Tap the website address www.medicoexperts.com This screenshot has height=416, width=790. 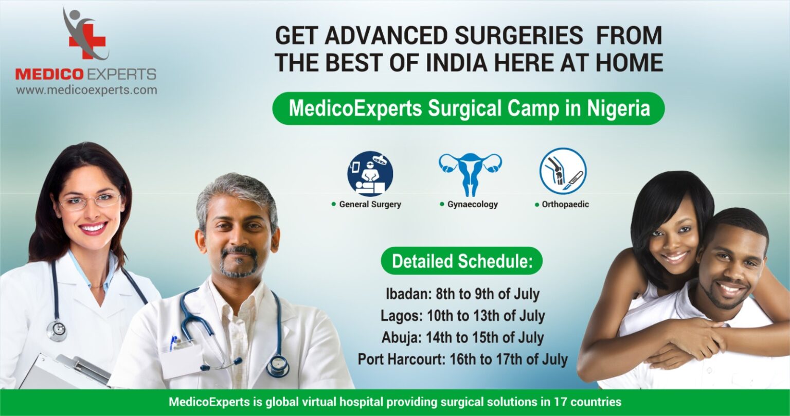point(86,91)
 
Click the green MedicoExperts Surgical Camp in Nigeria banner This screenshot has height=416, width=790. point(468,108)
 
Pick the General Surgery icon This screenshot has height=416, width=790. point(370,174)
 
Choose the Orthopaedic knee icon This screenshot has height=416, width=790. point(563,171)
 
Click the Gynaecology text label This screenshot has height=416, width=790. point(472,204)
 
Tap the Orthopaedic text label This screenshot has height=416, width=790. point(565,204)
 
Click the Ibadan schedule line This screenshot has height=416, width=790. point(462,294)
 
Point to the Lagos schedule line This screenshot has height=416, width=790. point(462,315)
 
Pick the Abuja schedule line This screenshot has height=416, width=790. point(462,337)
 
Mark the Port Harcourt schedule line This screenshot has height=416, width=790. point(462,359)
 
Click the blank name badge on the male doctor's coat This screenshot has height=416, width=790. point(182,360)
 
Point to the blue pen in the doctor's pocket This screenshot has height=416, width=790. point(173,342)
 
